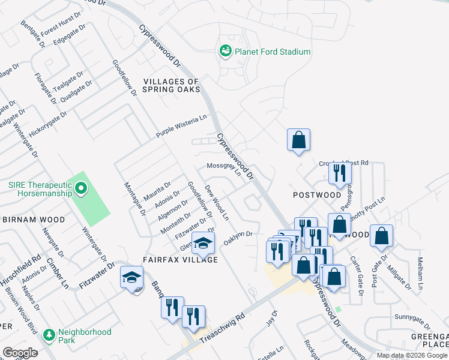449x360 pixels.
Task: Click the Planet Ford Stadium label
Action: (273, 52)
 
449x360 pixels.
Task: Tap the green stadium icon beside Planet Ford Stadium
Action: (226, 51)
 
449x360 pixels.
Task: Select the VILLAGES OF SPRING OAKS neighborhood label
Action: (170, 85)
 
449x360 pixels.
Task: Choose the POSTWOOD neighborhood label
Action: (317, 195)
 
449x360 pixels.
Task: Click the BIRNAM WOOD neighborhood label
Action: (34, 220)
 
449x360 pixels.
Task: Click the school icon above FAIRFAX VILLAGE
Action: (203, 243)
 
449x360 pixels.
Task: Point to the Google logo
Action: (20, 352)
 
